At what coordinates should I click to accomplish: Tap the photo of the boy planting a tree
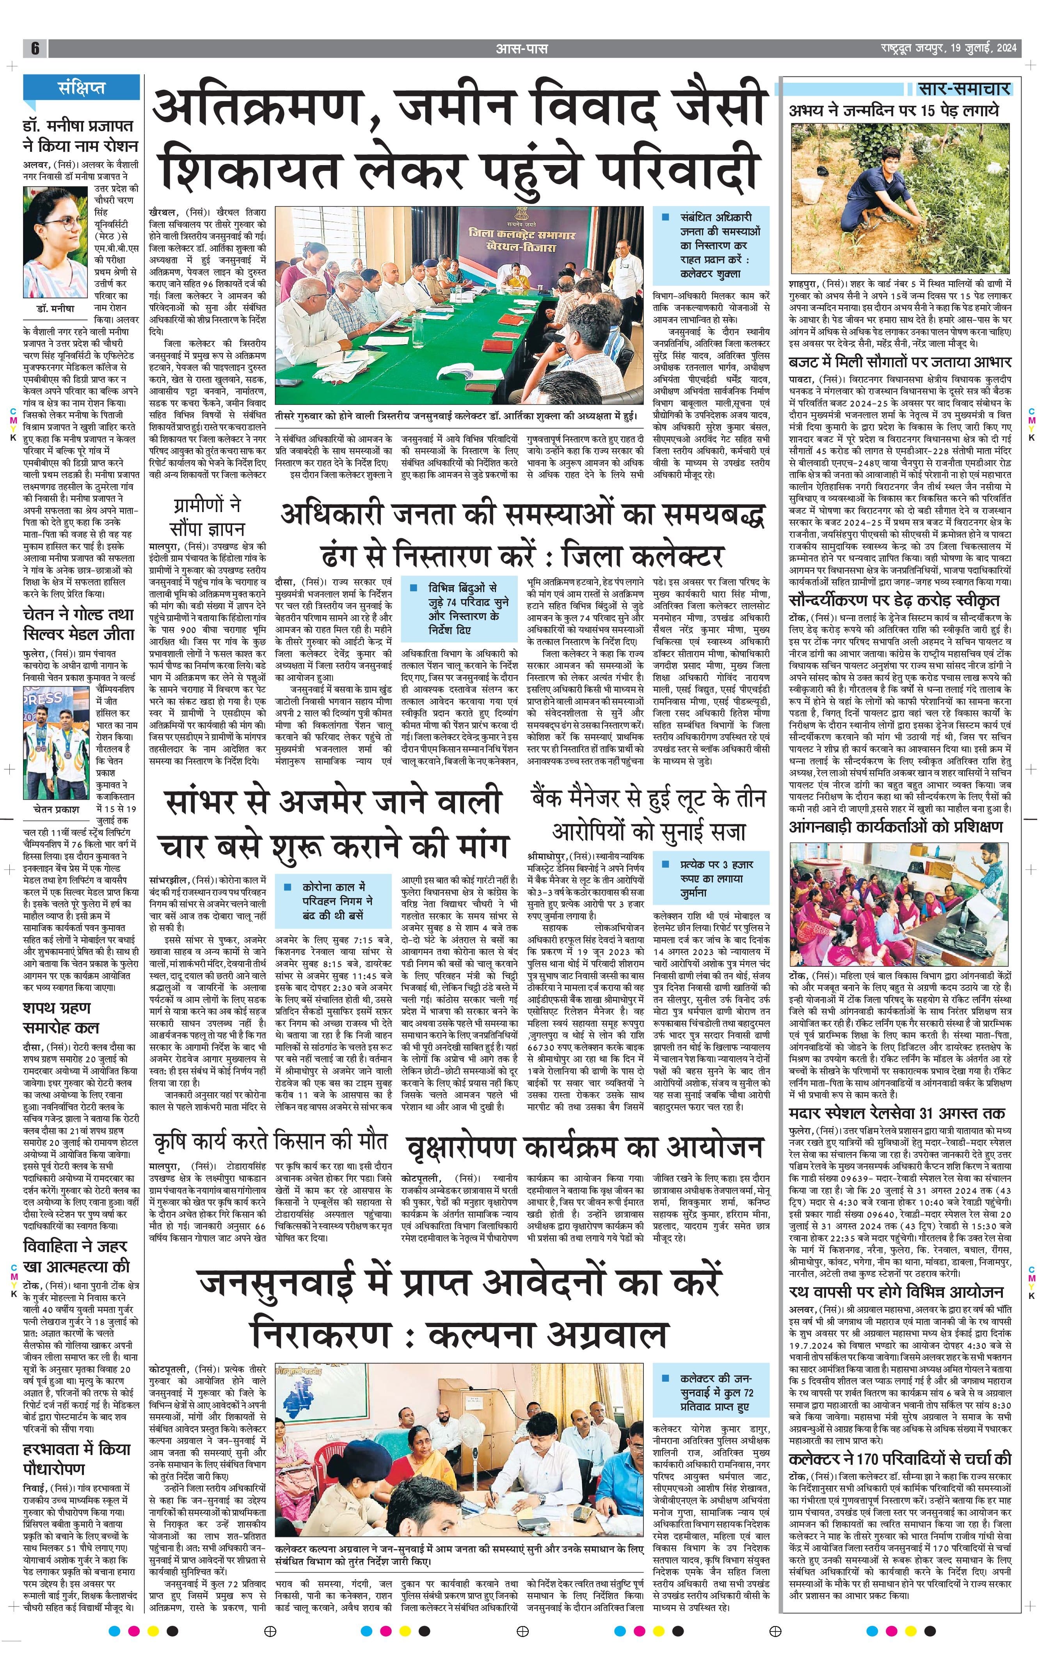(x=900, y=199)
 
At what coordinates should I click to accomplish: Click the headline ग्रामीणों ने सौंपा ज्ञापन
(x=208, y=517)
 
